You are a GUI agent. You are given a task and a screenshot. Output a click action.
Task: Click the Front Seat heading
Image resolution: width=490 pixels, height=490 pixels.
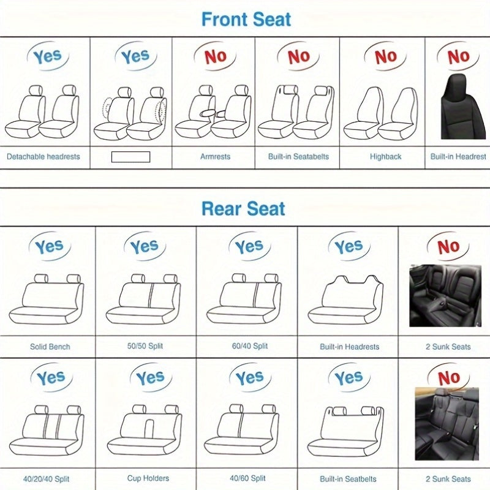(x=246, y=19)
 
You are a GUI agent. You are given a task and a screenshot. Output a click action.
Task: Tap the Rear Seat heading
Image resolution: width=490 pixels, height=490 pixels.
(x=243, y=209)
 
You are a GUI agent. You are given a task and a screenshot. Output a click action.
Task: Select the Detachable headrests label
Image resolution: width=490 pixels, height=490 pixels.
(x=43, y=157)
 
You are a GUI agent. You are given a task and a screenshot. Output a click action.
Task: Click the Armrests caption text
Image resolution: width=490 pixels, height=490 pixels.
(x=215, y=157)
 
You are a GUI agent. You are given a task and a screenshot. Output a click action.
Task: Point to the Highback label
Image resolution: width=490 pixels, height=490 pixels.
(x=385, y=157)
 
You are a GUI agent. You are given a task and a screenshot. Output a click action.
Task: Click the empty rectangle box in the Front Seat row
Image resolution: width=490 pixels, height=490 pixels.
(x=130, y=156)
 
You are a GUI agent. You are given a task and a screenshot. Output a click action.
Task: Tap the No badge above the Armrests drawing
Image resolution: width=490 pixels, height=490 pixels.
(x=215, y=57)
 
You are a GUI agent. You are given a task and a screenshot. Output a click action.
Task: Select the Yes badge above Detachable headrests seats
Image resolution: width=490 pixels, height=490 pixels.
(x=47, y=57)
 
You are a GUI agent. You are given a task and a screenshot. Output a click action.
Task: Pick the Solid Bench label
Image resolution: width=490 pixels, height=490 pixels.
(x=50, y=347)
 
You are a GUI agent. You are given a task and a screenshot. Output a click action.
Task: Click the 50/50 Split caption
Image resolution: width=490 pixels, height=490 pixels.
(x=145, y=347)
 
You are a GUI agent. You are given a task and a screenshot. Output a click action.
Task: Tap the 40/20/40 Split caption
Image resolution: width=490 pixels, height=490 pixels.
(x=48, y=478)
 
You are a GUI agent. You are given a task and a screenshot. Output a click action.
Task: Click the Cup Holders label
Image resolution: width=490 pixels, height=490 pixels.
(x=148, y=478)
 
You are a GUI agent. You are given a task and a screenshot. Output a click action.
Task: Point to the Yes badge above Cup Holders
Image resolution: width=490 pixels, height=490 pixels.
(x=150, y=379)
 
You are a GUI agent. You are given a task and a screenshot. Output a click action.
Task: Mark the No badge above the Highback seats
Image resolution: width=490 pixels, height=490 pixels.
(x=385, y=57)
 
